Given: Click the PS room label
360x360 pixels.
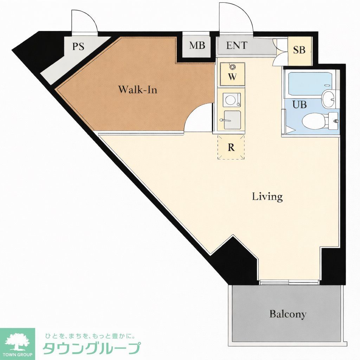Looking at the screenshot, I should tap(78, 47).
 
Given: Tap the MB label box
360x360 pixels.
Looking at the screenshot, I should tap(197, 46).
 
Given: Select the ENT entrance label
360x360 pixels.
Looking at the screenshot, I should tap(237, 45).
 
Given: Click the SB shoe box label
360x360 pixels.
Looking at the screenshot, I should tap(300, 50).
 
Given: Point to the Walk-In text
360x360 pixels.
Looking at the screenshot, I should tap(137, 89).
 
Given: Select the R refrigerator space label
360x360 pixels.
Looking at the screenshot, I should tap(231, 147).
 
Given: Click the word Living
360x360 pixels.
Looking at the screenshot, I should tap(267, 197).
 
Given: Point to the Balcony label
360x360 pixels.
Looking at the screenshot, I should tap(288, 314).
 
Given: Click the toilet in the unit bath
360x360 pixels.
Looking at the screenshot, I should tap(314, 121).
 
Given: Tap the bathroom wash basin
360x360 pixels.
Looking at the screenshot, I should tap(329, 98).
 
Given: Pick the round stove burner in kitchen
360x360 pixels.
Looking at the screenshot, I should tap(231, 99).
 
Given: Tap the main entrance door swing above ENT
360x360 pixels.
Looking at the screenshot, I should tap(236, 18).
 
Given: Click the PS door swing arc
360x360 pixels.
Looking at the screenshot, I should tap(84, 21).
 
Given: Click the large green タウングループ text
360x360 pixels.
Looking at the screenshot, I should tap(91, 348).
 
